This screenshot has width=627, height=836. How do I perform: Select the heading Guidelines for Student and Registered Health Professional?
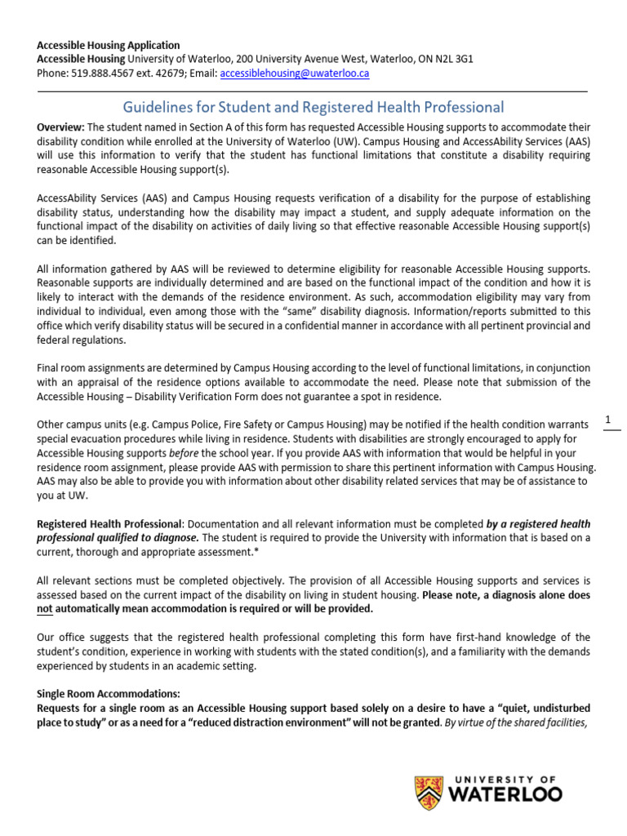313,107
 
